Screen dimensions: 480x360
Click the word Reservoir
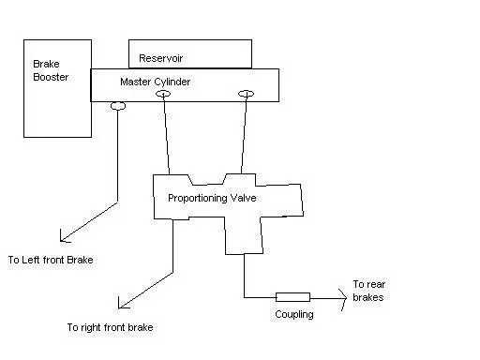(x=160, y=58)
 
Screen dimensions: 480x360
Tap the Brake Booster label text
(x=51, y=70)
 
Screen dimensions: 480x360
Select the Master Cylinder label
(x=155, y=82)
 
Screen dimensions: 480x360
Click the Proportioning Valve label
(x=212, y=198)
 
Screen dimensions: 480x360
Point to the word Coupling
(x=294, y=314)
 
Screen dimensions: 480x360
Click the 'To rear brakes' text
(x=368, y=291)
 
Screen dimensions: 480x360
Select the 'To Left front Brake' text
(x=51, y=260)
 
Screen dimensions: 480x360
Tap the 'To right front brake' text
(x=110, y=327)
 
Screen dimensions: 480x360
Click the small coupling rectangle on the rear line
(x=292, y=297)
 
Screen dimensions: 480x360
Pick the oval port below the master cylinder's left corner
(x=118, y=106)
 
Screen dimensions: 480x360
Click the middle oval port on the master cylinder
(x=163, y=94)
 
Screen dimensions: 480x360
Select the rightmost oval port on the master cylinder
(x=246, y=94)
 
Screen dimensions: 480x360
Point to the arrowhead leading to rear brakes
(x=344, y=298)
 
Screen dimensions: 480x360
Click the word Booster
(x=51, y=77)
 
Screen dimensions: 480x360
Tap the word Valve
(x=243, y=198)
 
